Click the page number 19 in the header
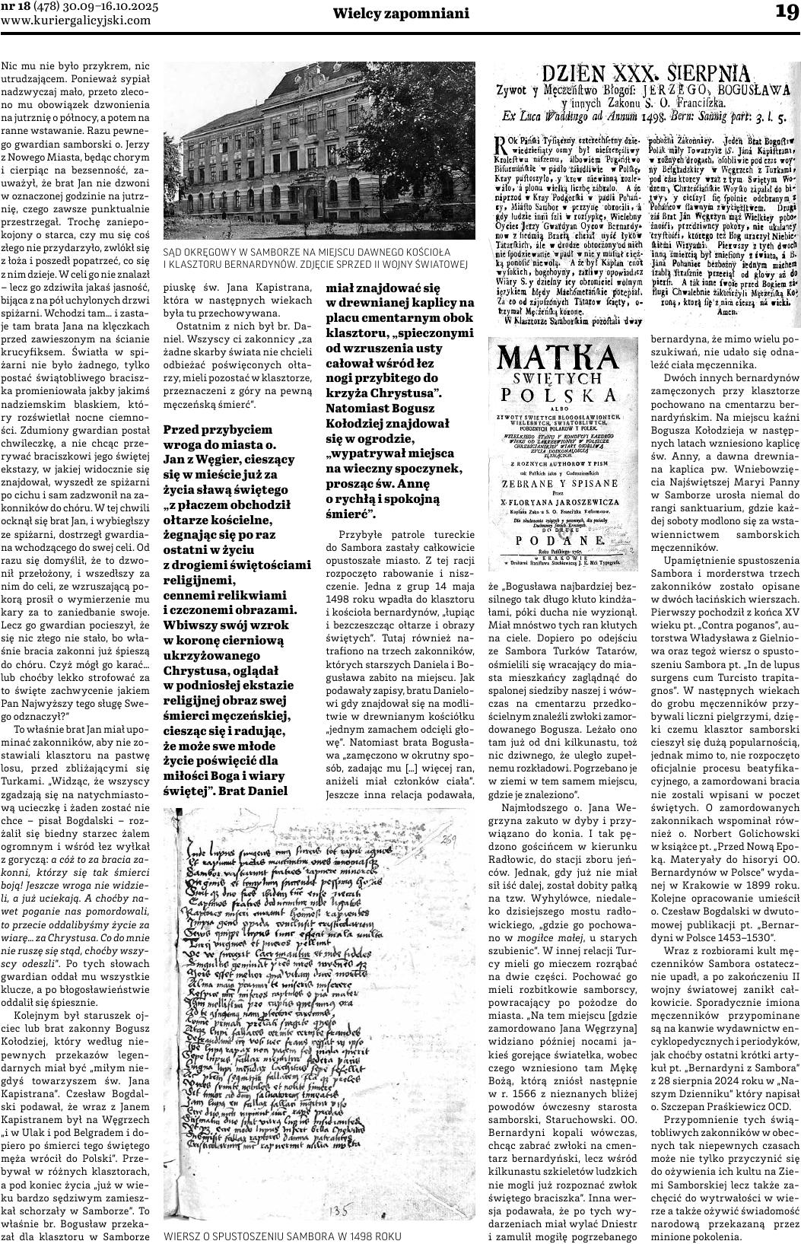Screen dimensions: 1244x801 [786, 13]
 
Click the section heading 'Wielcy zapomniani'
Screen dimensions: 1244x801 [402, 14]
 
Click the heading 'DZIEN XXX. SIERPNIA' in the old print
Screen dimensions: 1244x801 [645, 75]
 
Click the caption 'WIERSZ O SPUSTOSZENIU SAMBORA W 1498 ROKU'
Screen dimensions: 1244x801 [281, 1236]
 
